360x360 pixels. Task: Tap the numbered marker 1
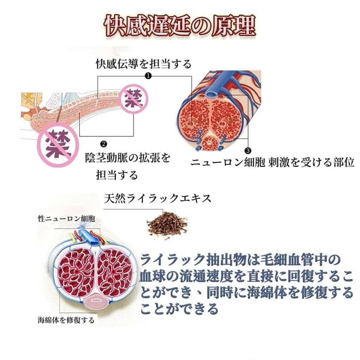(x=148, y=76)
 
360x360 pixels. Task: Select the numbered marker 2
(x=104, y=144)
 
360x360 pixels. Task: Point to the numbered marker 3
(x=248, y=150)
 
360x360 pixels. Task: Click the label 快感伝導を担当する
(x=144, y=64)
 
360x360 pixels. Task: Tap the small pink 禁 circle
(x=134, y=99)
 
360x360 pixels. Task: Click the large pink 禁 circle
(x=58, y=144)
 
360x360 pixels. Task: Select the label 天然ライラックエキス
(x=157, y=198)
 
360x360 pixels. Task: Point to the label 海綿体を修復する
(x=66, y=320)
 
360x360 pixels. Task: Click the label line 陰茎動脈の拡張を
(x=128, y=158)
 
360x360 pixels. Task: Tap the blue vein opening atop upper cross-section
(x=211, y=94)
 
